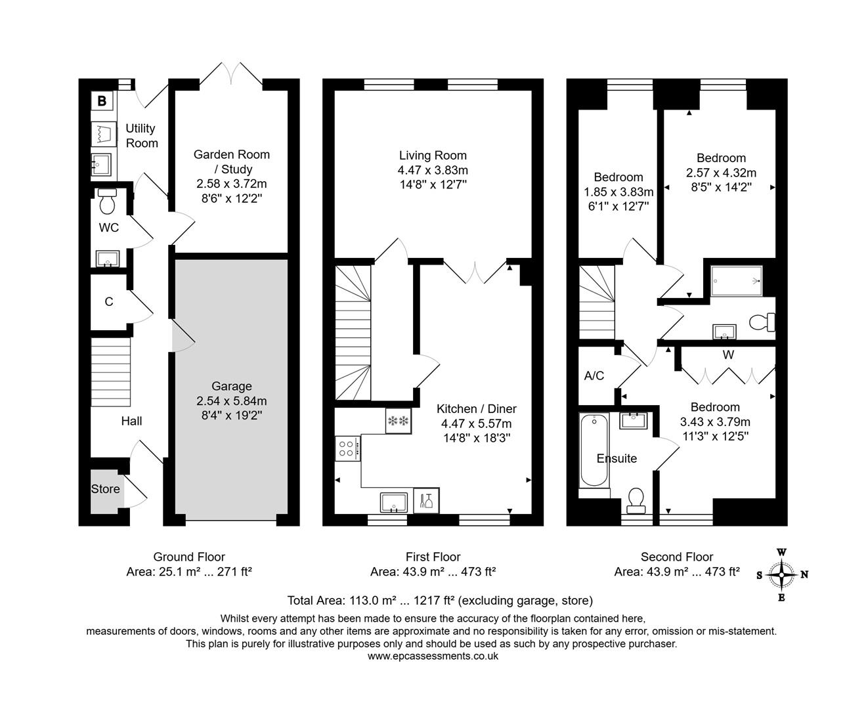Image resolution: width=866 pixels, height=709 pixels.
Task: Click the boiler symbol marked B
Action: tap(102, 101)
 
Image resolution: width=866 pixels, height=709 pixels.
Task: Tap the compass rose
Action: tap(781, 575)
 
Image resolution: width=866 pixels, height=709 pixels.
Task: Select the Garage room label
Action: tap(231, 387)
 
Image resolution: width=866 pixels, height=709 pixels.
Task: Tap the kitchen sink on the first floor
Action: tap(393, 502)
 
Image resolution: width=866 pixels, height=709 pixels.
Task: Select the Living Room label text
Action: tap(433, 156)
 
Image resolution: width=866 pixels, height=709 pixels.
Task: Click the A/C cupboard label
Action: tap(594, 376)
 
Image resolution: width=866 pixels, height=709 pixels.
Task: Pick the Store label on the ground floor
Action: tap(105, 489)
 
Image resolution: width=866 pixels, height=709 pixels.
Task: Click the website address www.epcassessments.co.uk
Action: tap(433, 656)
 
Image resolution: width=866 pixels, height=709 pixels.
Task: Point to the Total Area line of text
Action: tap(440, 600)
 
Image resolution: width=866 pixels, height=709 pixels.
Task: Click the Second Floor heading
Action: tap(677, 557)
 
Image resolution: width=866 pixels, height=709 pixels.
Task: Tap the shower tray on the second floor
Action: tap(736, 281)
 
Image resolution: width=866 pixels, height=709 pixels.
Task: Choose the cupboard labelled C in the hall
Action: tap(109, 302)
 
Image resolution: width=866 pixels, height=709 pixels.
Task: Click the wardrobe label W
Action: tap(727, 355)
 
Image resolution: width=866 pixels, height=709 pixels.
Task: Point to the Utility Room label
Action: tap(142, 136)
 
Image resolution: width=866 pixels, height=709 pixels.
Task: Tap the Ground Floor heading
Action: tap(189, 557)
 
